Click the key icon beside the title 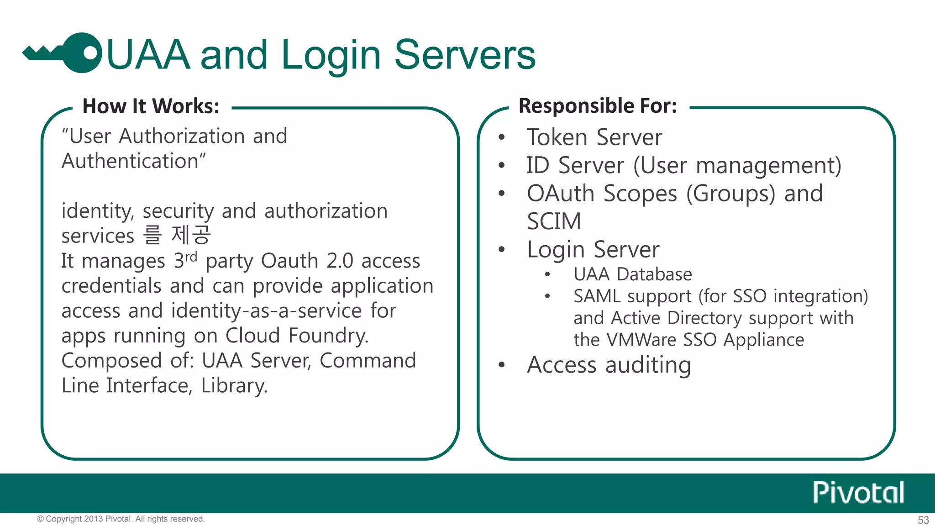64,53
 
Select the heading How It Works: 151,106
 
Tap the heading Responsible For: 598,106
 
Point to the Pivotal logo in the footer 858,493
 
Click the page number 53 923,520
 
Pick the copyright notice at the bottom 121,519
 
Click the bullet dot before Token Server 502,137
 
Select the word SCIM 554,221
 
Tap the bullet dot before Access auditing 502,365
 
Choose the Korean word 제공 191,235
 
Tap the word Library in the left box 234,386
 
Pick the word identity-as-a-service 267,311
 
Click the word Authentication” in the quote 134,161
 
